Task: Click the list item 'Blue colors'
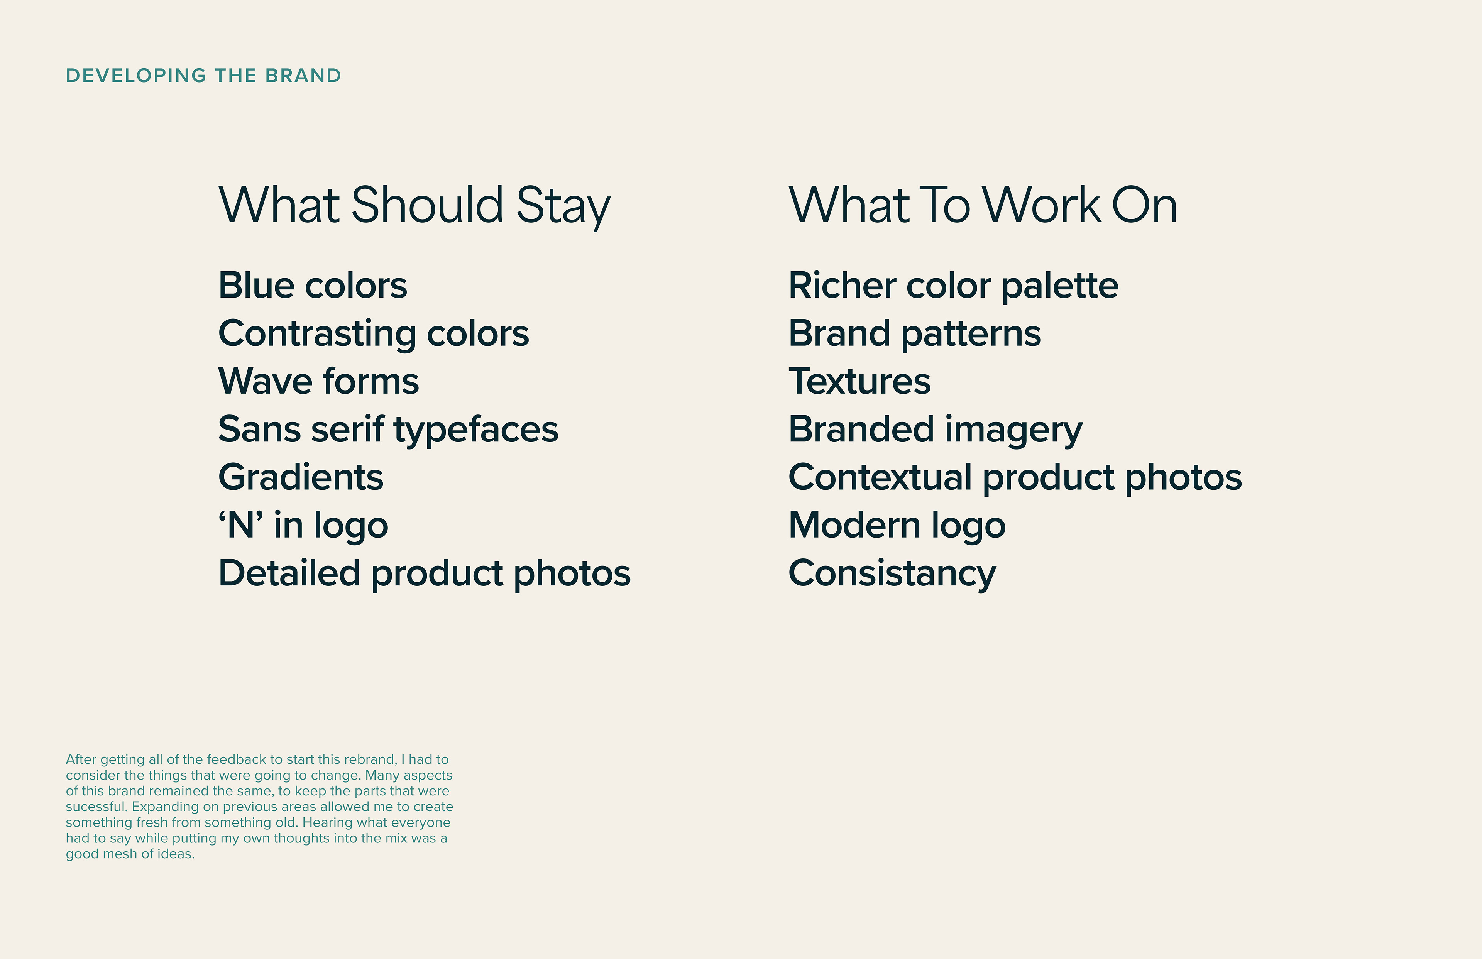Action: (x=313, y=286)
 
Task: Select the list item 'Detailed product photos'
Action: (x=425, y=573)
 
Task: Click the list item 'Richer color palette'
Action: (x=953, y=286)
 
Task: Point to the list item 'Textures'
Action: (x=859, y=381)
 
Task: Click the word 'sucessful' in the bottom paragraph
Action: (x=95, y=807)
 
